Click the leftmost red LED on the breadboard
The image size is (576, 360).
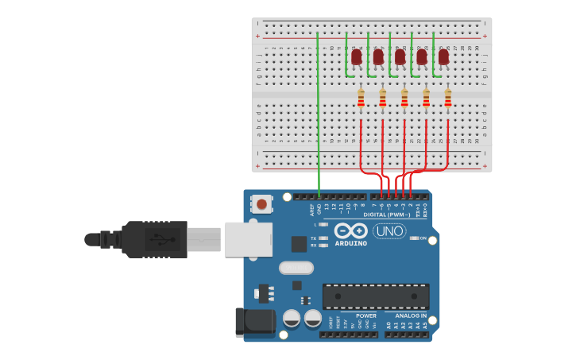pos(357,56)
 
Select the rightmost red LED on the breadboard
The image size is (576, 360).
pos(443,56)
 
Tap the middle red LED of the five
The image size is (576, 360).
pos(400,56)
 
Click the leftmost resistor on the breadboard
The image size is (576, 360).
pos(361,98)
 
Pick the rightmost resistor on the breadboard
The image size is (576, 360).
pos(448,98)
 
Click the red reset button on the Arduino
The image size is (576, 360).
pos(261,204)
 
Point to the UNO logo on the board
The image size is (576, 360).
pos(389,230)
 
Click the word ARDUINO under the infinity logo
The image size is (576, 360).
pos(350,244)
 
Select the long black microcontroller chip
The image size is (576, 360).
pos(376,296)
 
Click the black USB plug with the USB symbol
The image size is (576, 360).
pos(155,239)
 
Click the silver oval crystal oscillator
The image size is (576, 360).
pos(296,268)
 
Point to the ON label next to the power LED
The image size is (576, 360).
pos(423,238)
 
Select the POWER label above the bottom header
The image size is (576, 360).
pos(366,315)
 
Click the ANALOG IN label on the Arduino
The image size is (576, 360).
pos(412,315)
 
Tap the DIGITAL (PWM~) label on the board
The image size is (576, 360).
pos(387,215)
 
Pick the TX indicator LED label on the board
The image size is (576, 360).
pos(314,238)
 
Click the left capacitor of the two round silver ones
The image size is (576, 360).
pos(292,319)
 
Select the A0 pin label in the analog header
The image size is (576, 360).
pos(389,326)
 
